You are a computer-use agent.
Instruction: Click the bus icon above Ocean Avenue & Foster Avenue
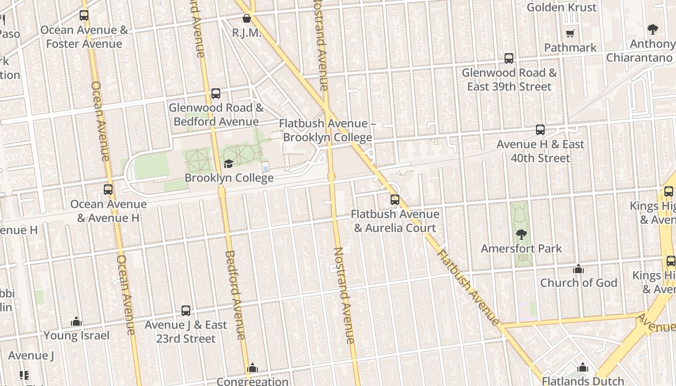[x=84, y=15]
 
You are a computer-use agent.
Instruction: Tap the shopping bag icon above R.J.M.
[x=247, y=19]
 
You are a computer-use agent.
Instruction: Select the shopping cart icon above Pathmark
[x=570, y=33]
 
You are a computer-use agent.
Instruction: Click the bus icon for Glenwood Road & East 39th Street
[x=509, y=58]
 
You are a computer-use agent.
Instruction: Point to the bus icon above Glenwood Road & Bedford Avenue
[x=216, y=93]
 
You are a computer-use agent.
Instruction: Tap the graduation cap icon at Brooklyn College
[x=228, y=164]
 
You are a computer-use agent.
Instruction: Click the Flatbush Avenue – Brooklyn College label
[x=327, y=130]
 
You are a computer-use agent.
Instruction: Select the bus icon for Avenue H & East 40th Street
[x=540, y=130]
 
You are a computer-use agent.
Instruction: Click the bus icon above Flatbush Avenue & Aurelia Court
[x=395, y=199]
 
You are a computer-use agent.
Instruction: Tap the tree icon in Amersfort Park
[x=521, y=234]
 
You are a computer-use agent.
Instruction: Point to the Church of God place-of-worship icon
[x=578, y=269]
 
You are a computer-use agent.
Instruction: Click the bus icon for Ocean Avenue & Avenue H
[x=108, y=190]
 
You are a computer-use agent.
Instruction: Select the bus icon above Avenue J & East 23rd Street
[x=186, y=311]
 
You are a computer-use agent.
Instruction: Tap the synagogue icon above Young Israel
[x=76, y=321]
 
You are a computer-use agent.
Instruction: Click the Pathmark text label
[x=570, y=48]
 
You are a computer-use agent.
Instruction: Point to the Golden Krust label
[x=562, y=7]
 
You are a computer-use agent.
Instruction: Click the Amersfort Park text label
[x=521, y=248]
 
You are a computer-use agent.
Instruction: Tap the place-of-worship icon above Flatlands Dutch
[x=583, y=367]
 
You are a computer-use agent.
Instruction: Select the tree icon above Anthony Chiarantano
[x=653, y=29]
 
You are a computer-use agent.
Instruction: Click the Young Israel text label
[x=77, y=335]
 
